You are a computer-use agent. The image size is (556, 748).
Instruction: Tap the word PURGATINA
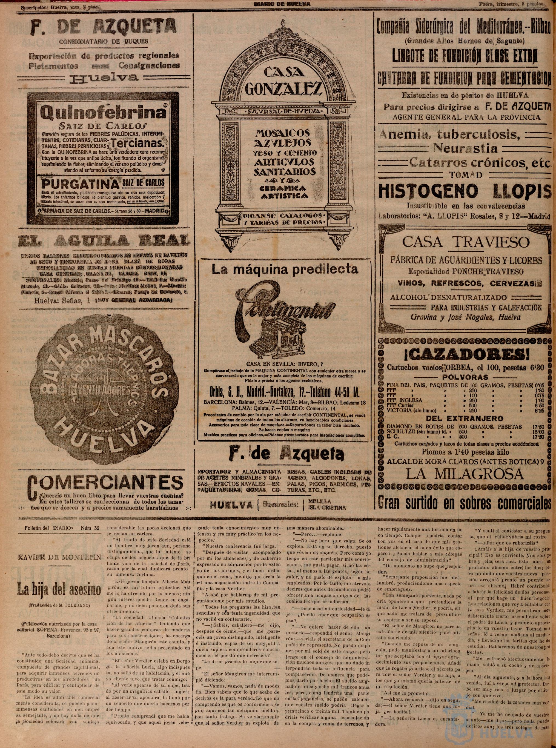tap(79, 184)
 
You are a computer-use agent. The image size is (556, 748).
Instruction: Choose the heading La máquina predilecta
tap(284, 268)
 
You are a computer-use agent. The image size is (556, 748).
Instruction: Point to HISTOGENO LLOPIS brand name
tap(465, 191)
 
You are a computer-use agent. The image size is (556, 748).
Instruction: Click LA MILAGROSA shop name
tap(465, 474)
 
